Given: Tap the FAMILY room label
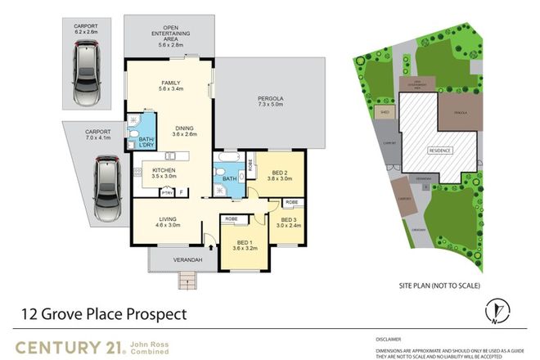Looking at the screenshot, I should click(169, 83).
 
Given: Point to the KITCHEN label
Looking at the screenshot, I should click(164, 170).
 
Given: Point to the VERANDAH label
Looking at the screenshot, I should click(187, 260).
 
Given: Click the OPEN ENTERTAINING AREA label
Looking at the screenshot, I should click(170, 34).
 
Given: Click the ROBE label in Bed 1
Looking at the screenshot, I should click(232, 218).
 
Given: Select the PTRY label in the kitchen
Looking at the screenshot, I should click(166, 193).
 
